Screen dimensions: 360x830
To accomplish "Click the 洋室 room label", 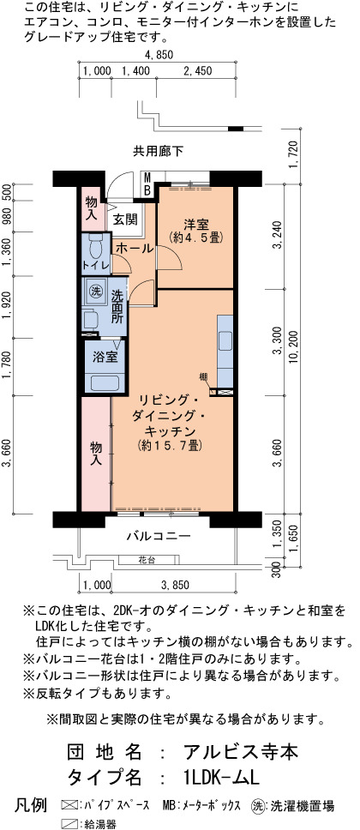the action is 195,224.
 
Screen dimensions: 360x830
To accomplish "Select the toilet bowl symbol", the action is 95,247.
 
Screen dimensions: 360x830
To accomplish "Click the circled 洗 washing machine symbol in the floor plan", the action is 95,291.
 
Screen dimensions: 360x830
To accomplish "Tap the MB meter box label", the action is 148,183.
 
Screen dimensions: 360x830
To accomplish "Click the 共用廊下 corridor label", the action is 158,152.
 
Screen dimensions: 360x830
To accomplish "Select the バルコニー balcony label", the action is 159,536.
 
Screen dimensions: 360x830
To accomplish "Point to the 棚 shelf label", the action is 203,377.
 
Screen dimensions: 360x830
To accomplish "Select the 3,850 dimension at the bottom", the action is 175,585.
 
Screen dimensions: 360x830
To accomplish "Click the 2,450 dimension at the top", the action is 197,71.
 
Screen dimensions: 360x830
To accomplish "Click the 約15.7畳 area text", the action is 170,445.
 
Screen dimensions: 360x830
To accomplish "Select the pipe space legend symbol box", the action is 69,806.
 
